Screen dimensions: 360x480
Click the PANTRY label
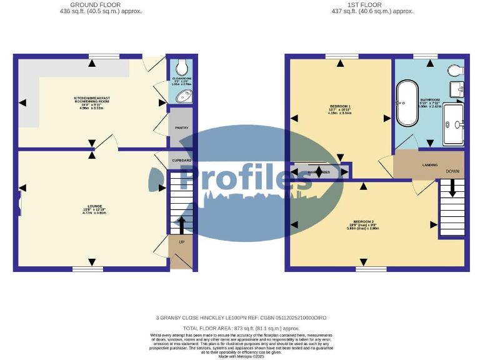pos(182,127)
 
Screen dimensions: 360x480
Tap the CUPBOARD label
pos(182,161)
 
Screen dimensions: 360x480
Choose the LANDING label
pos(429,166)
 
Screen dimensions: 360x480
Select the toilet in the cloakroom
pos(182,67)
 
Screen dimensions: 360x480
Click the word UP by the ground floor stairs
pos(182,242)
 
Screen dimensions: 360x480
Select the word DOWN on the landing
pos(453,171)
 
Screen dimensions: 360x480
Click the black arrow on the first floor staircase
pos(452,189)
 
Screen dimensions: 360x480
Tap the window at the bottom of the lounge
pos(87,269)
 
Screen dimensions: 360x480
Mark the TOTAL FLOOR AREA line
pos(241,328)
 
